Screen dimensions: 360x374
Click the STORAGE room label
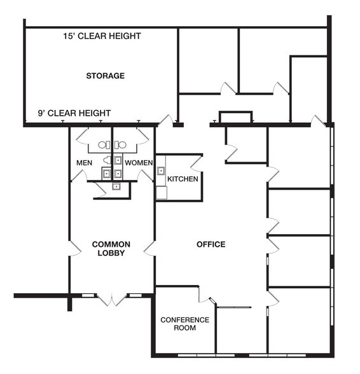click(105, 76)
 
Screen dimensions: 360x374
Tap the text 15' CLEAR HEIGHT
click(102, 36)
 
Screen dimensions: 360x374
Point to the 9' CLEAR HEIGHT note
click(74, 113)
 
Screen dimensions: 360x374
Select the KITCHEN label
click(183, 179)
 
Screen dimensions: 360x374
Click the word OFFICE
click(211, 244)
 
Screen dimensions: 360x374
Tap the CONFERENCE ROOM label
click(185, 324)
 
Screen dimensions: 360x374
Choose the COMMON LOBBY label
click(111, 249)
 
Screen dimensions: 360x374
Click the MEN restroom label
click(84, 163)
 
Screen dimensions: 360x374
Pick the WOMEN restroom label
click(139, 163)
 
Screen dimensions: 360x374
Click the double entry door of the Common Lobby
click(112, 300)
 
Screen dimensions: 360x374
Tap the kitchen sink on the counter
click(162, 170)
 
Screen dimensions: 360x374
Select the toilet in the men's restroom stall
click(104, 145)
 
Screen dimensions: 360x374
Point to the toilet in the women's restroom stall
click(120, 145)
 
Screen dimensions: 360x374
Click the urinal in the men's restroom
click(107, 160)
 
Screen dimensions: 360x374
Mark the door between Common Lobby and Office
click(149, 248)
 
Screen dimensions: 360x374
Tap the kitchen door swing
click(197, 164)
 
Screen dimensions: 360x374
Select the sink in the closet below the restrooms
click(116, 186)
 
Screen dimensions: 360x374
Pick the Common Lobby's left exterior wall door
click(75, 248)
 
